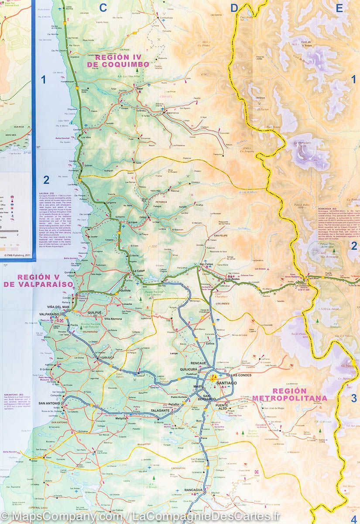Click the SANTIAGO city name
tap(226, 383)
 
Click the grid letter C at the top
tap(103, 7)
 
